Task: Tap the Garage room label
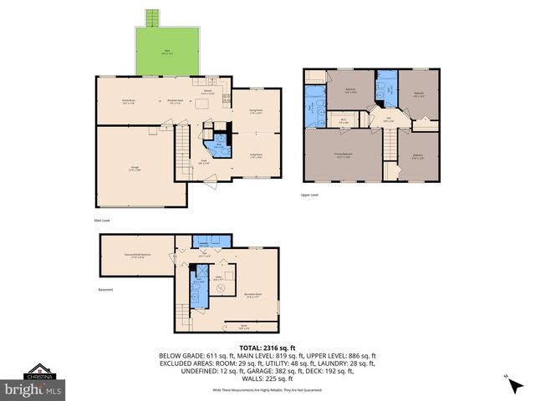pyautogui.click(x=135, y=169)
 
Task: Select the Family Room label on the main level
pyautogui.click(x=129, y=102)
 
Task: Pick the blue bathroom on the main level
pyautogui.click(x=219, y=146)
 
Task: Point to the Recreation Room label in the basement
pyautogui.click(x=254, y=294)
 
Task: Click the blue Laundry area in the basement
pyautogui.click(x=205, y=242)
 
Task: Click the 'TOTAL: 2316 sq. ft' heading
pyautogui.click(x=267, y=348)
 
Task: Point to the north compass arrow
pyautogui.click(x=507, y=380)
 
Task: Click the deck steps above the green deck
pyautogui.click(x=151, y=18)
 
